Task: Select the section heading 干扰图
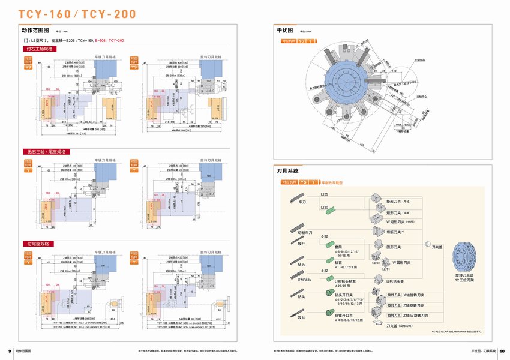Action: tap(284, 30)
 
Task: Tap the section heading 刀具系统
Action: tap(288, 171)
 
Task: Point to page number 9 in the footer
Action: tap(9, 350)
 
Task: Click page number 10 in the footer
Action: tap(502, 350)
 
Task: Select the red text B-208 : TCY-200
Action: tap(110, 40)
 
